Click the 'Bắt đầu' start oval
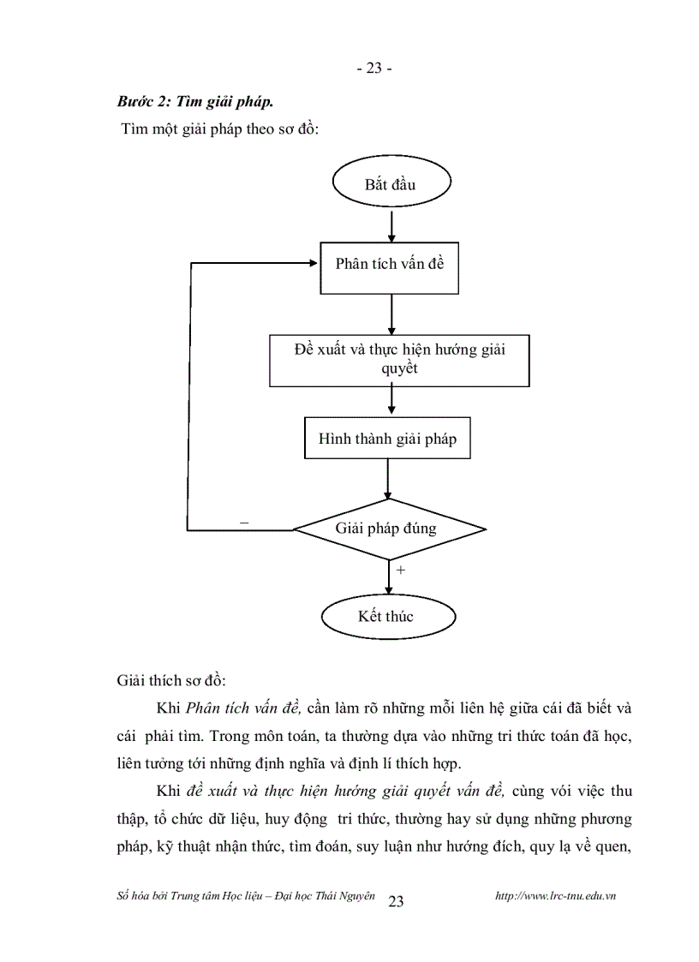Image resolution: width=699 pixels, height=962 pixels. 391,184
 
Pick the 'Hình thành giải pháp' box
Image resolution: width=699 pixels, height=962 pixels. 387,439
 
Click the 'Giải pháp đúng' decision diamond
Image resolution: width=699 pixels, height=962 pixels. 389,529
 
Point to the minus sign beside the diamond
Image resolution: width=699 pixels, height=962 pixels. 245,522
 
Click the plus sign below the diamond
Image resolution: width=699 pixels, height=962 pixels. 401,569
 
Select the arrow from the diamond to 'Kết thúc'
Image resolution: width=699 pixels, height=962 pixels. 389,577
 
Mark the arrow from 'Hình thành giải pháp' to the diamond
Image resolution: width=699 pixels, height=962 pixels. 388,480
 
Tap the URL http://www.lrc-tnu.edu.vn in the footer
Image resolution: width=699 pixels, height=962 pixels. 557,896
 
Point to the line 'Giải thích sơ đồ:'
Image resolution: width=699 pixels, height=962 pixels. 170,681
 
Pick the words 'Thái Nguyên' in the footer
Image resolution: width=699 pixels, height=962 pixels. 349,896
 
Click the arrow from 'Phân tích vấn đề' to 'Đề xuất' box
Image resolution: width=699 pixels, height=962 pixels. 391,314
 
